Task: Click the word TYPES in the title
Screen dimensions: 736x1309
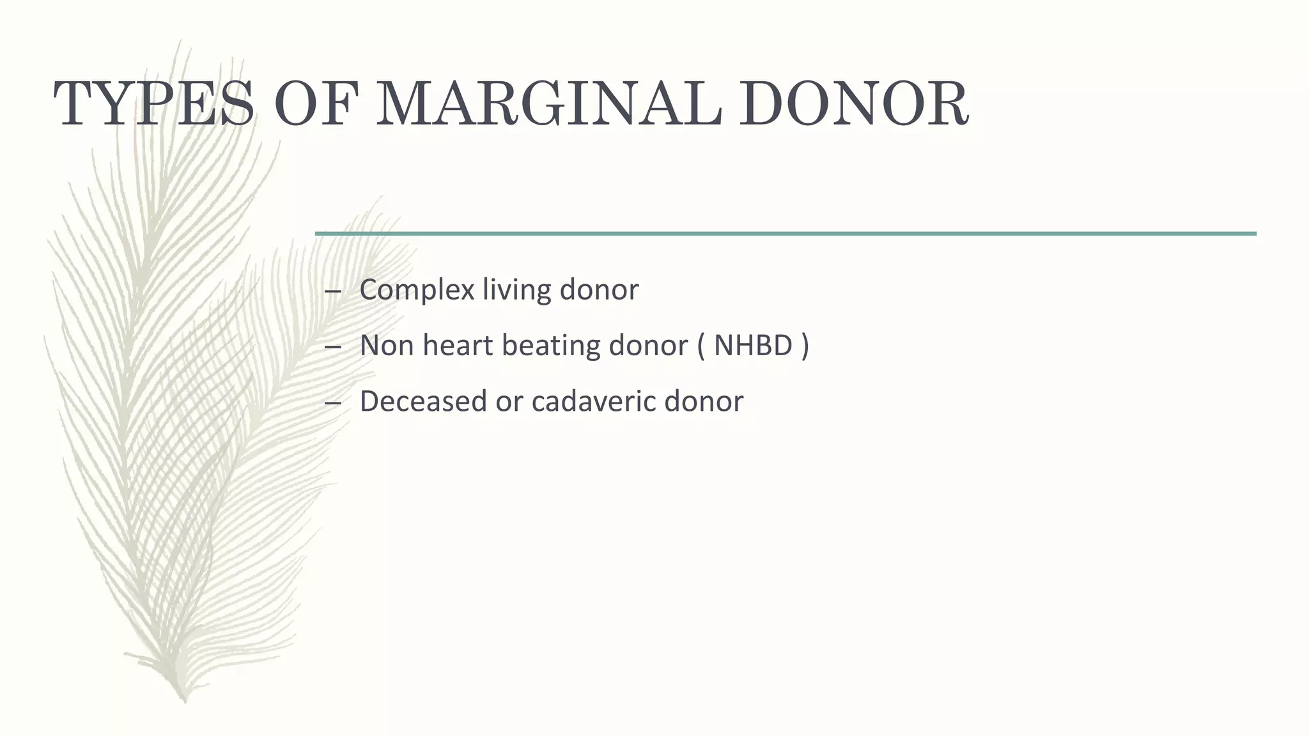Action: coord(153,103)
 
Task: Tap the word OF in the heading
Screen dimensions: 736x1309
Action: coord(314,103)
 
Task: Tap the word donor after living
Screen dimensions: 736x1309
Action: coord(599,290)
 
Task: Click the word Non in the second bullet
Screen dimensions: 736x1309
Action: coord(386,346)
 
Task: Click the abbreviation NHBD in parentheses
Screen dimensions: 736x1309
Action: coord(753,346)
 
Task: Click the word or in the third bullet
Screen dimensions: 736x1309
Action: coord(509,401)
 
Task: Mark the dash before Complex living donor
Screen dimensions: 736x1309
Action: coord(332,291)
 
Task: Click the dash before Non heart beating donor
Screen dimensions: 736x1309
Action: coord(332,347)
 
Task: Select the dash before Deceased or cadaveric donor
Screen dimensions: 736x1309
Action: coord(332,402)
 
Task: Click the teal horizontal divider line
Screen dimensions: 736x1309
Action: coord(786,234)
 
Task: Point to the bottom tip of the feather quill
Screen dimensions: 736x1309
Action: coord(185,701)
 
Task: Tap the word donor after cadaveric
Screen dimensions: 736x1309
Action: coord(704,401)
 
